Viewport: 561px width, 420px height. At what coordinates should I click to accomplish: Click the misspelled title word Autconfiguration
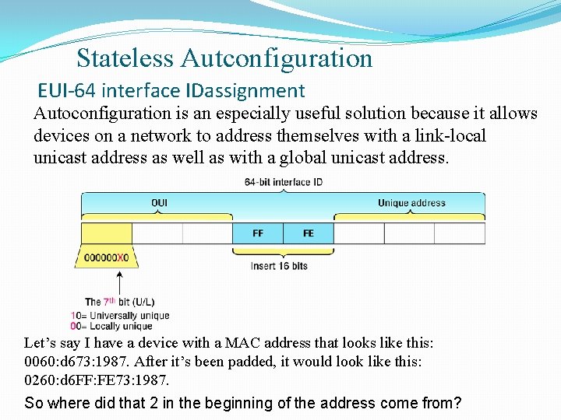click(277, 58)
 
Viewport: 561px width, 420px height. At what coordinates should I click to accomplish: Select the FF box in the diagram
click(258, 233)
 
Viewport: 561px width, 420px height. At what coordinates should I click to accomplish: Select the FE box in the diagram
click(309, 233)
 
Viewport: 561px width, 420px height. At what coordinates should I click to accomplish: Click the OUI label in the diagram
click(159, 204)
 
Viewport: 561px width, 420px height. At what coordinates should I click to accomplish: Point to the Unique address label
click(411, 204)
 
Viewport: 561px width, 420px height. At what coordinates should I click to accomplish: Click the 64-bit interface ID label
click(284, 183)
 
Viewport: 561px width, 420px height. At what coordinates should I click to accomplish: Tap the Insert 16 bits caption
click(279, 266)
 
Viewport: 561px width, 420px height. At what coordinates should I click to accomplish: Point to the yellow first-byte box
click(107, 233)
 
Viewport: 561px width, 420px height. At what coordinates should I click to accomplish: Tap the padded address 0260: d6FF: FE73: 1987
click(97, 380)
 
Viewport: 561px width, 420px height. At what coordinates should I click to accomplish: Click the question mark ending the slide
click(457, 403)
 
